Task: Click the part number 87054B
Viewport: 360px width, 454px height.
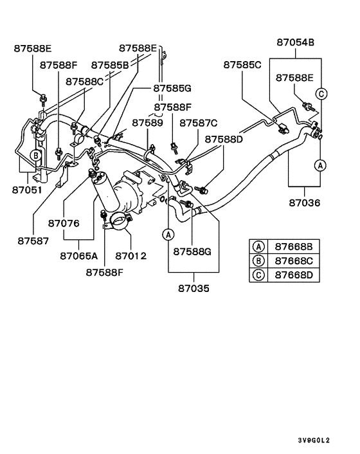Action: [296, 42]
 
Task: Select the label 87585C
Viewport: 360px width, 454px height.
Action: [242, 65]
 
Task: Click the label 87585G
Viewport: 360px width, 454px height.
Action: [172, 88]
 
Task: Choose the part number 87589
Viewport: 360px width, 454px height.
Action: [148, 122]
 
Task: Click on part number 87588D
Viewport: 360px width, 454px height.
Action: [224, 139]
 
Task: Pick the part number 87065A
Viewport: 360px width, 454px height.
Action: [79, 255]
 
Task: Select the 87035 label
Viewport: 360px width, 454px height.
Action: [194, 288]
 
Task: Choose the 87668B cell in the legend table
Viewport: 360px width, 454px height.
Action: [294, 246]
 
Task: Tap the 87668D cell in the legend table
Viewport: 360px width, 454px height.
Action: [294, 275]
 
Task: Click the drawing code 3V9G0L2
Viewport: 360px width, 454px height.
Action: [313, 440]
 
